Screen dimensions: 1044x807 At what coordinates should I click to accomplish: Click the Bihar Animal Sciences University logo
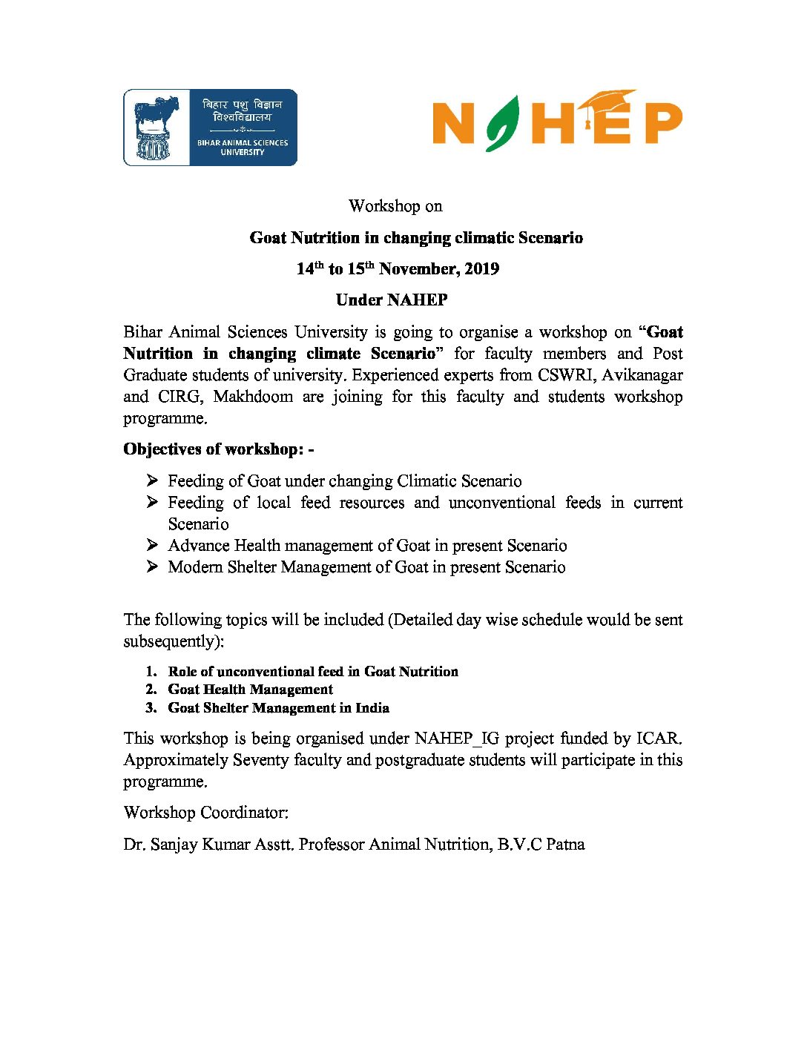(x=210, y=128)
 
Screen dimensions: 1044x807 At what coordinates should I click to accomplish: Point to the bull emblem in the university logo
(x=157, y=126)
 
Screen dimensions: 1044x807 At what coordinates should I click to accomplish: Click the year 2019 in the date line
(x=481, y=269)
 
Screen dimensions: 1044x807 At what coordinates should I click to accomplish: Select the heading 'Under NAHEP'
(x=392, y=300)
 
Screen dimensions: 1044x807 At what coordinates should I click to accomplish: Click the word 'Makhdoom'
(x=253, y=397)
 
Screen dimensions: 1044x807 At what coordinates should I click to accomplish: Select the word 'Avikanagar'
(x=642, y=375)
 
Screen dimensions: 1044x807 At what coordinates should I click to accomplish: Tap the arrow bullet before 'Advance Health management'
(x=152, y=546)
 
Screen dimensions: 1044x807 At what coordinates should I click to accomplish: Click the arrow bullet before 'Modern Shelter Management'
(x=152, y=567)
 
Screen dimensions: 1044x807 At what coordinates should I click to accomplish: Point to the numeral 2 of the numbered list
(x=151, y=690)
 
